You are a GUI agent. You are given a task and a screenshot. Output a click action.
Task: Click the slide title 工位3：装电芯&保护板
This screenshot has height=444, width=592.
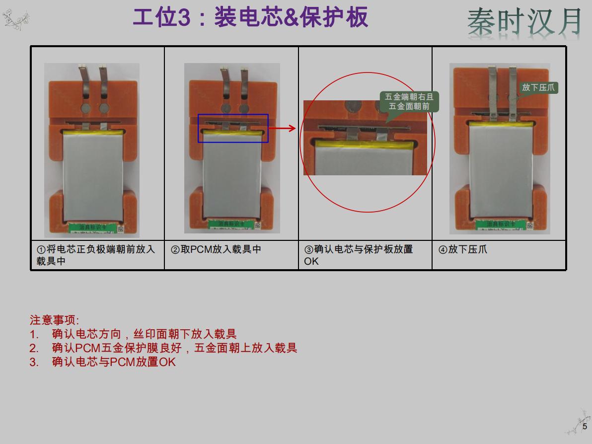250,18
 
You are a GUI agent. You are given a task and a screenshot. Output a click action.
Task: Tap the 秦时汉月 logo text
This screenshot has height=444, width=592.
524,22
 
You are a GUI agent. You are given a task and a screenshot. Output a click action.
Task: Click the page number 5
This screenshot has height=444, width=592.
585,426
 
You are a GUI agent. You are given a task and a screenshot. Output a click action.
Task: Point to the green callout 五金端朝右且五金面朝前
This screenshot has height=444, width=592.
409,102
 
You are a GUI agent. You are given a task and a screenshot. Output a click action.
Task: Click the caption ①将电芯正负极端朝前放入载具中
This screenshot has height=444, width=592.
96,255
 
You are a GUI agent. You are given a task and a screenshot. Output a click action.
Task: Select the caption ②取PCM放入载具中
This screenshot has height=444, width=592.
216,249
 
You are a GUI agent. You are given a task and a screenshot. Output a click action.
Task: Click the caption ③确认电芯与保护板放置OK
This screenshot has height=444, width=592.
359,255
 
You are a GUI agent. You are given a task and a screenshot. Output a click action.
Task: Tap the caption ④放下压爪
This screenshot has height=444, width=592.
463,249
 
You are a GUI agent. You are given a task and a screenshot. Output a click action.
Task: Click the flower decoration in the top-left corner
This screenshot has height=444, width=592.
15,19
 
